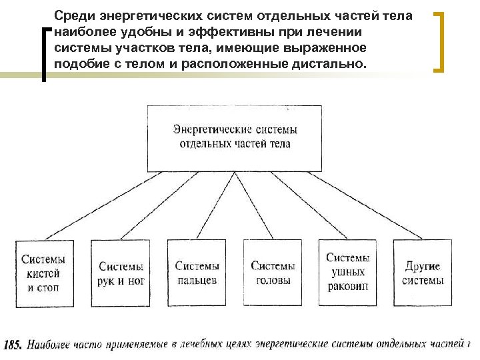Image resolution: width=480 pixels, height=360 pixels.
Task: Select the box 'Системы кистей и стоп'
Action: coord(44,273)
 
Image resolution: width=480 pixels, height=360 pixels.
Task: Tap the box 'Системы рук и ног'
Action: coord(121,273)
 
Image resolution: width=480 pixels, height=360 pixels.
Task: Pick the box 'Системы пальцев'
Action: coord(197,273)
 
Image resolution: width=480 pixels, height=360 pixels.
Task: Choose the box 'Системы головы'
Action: coord(273,273)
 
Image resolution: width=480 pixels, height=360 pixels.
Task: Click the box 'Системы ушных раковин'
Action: coord(348,273)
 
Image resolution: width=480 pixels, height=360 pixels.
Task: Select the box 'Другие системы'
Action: coord(423,273)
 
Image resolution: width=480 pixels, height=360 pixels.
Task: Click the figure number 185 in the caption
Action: coord(13,345)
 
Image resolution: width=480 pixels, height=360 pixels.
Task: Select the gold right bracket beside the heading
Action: coord(441,41)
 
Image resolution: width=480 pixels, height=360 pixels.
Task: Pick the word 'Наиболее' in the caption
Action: coord(51,345)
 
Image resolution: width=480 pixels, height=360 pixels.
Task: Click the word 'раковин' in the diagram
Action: coord(347,287)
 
